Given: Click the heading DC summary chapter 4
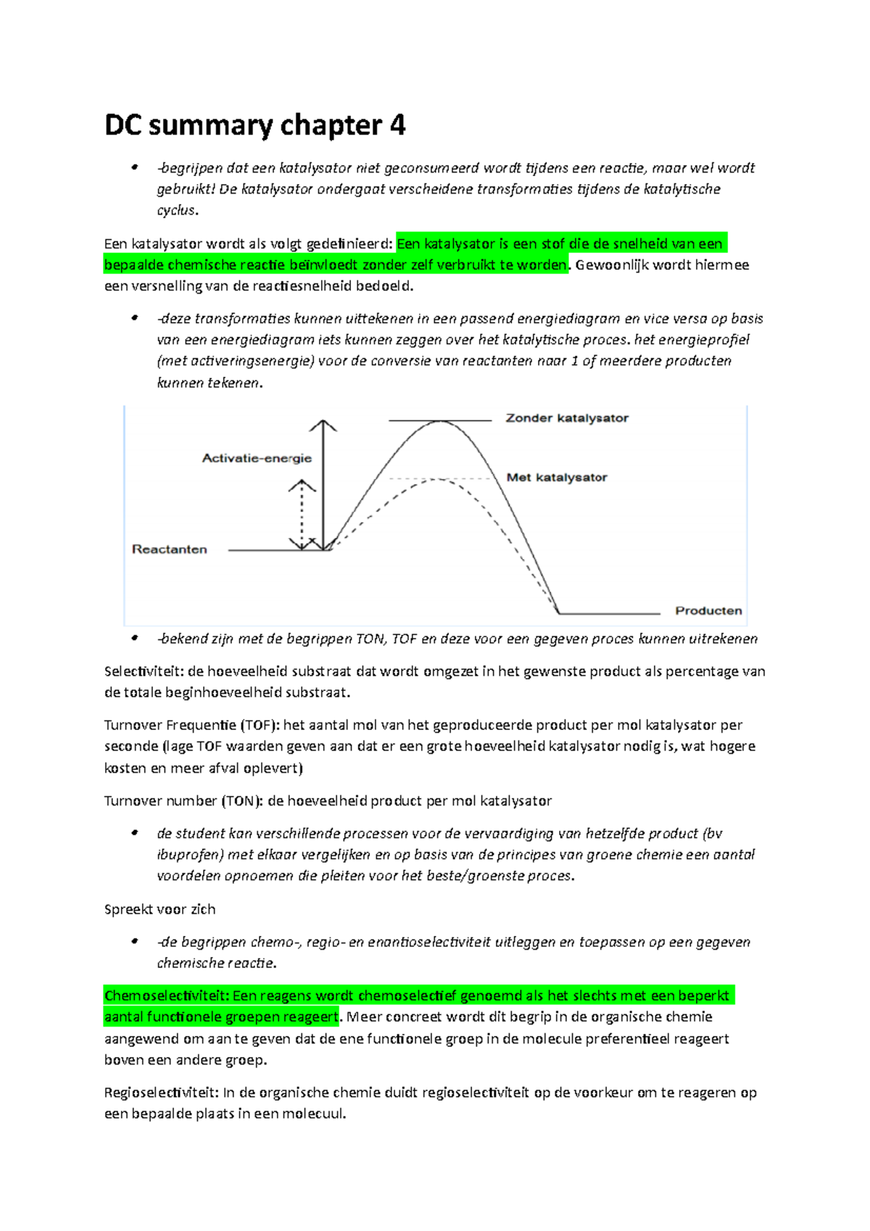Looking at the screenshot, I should (x=254, y=125).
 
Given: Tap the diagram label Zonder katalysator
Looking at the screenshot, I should (x=566, y=418).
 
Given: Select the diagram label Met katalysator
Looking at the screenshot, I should (x=556, y=477).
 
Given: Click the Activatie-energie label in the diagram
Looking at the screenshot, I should (x=257, y=458).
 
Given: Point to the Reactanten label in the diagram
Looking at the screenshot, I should (x=169, y=550).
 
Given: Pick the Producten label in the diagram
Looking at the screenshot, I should (x=708, y=610).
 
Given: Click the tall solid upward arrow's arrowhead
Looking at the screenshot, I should (x=323, y=423).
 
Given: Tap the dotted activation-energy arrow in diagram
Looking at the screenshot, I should (x=302, y=515).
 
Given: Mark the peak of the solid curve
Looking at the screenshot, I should (x=439, y=421).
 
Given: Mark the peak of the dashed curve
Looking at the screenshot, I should (x=439, y=480).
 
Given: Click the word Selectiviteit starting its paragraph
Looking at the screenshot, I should (x=143, y=671).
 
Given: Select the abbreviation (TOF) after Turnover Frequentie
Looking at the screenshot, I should (x=260, y=725).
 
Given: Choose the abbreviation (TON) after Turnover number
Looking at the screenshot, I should (x=242, y=801).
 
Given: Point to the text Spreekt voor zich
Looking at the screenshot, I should (x=159, y=910).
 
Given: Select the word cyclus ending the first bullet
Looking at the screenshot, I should (x=176, y=210).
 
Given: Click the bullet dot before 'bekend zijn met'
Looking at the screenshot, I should (x=134, y=639).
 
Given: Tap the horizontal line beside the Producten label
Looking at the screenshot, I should (x=609, y=613).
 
